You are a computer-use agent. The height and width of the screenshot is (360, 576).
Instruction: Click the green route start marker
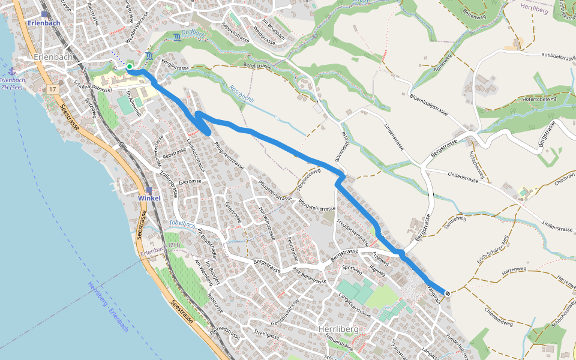(129, 66)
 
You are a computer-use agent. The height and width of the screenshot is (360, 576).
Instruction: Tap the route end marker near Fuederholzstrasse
(448, 293)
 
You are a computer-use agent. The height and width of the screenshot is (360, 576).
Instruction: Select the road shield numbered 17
(53, 89)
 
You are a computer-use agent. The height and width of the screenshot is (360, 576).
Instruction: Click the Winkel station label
(149, 198)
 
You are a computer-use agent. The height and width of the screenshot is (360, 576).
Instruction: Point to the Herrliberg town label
(338, 329)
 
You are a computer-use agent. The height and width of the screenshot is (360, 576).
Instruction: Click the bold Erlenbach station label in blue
(44, 23)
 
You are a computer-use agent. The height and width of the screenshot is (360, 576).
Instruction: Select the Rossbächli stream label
(242, 94)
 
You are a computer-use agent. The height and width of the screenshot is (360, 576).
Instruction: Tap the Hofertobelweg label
(539, 100)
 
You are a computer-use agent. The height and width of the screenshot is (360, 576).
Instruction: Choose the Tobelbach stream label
(182, 224)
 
